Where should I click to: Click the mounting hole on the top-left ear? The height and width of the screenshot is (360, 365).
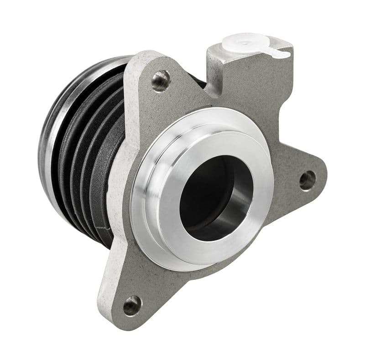160,81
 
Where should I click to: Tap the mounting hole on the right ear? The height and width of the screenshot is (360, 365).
307,180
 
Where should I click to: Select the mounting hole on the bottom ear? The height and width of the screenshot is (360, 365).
132,305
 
